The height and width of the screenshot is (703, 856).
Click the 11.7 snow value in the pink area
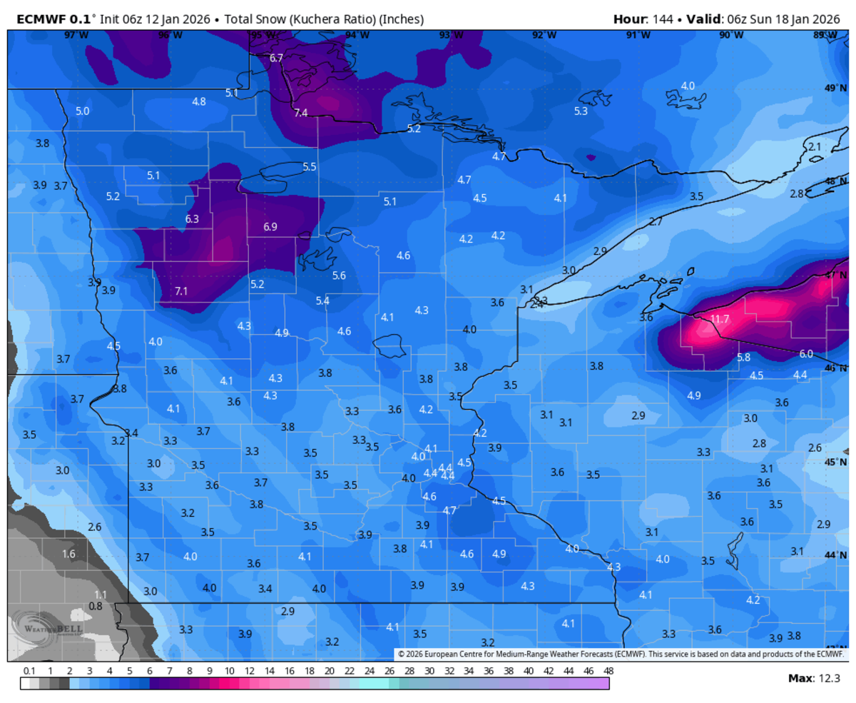(x=720, y=319)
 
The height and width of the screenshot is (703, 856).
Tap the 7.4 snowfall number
(x=300, y=113)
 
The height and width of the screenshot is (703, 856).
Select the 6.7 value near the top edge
(x=276, y=58)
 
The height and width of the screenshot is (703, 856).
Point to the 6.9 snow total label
(x=270, y=227)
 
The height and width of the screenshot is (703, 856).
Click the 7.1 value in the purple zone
(x=181, y=290)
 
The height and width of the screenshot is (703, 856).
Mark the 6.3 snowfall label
(x=192, y=219)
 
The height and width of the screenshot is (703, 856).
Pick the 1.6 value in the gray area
(x=68, y=554)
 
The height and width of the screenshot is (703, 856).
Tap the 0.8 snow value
(x=96, y=606)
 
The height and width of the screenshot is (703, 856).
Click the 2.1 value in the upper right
(x=814, y=146)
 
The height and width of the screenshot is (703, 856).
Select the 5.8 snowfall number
(x=743, y=357)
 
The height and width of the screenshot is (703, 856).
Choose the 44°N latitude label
(x=835, y=555)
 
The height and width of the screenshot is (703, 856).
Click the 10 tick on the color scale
(x=230, y=671)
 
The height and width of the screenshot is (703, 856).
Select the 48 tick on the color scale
(x=608, y=671)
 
